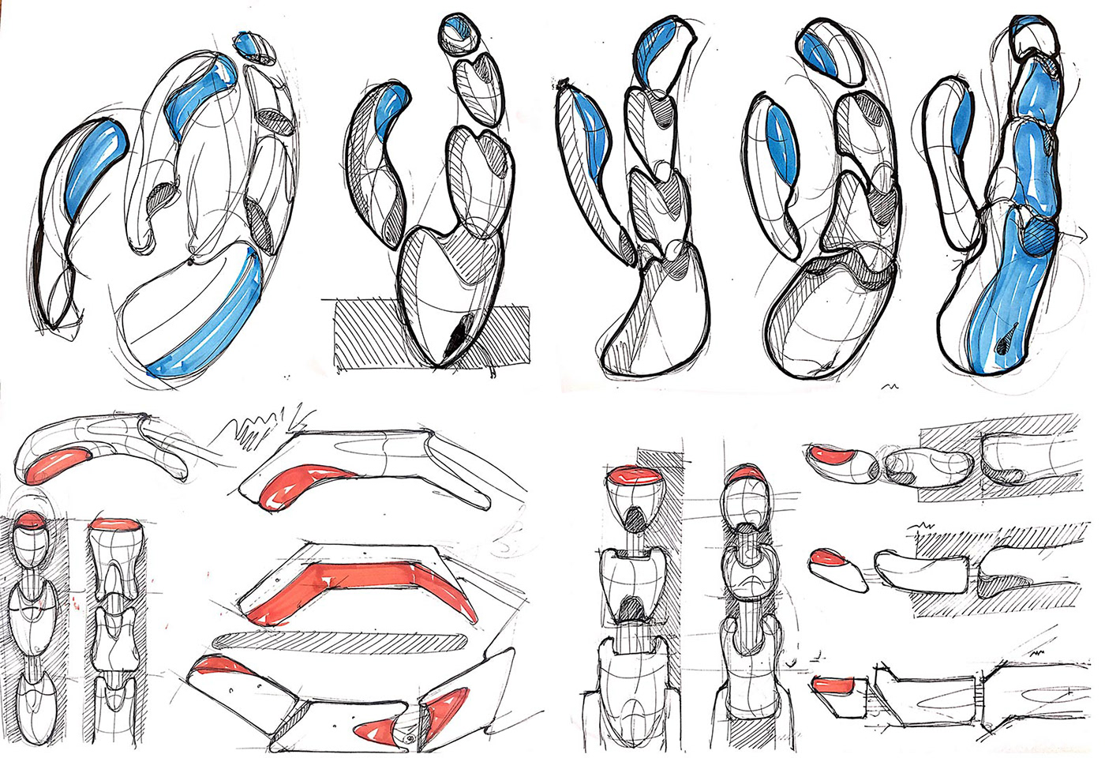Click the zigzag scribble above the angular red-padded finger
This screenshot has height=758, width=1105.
tap(253, 430)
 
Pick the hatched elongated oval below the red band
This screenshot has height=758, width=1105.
tap(339, 640)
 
